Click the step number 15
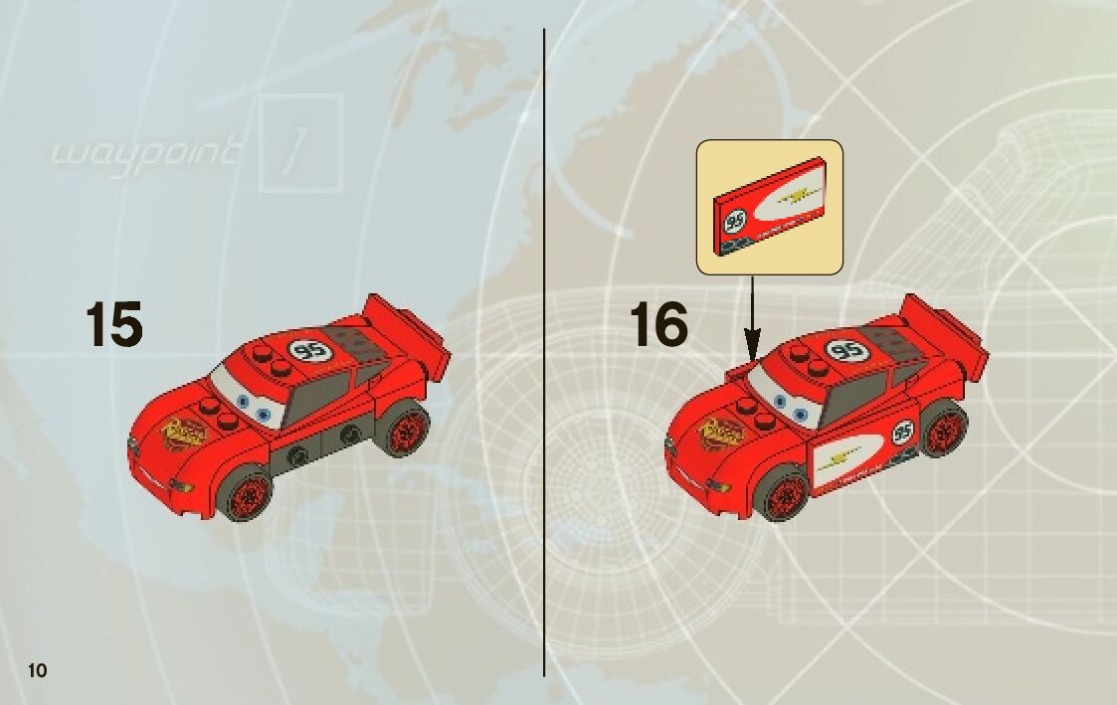click(x=113, y=324)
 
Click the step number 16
click(x=658, y=324)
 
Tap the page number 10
click(x=38, y=669)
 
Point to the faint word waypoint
click(x=145, y=153)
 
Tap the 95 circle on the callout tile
click(x=737, y=220)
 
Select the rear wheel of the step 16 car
click(x=940, y=429)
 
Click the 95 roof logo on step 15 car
click(x=309, y=350)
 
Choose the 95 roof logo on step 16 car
click(x=846, y=350)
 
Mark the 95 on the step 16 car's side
click(x=902, y=433)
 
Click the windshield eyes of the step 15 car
click(x=250, y=404)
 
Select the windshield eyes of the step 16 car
click(x=787, y=403)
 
